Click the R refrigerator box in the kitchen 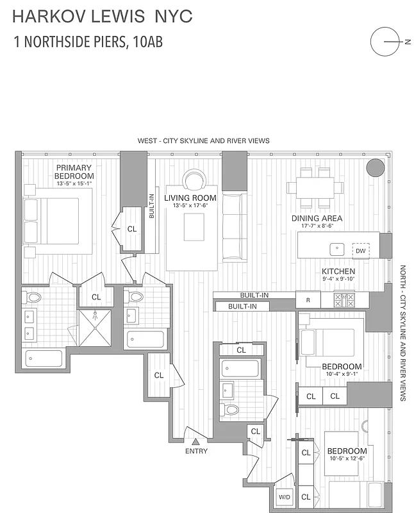coord(308,299)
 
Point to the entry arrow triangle coord(196,441)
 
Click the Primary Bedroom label coord(74,172)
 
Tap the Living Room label coord(190,198)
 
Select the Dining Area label coord(317,218)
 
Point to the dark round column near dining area coord(374,168)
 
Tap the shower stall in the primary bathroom coord(94,328)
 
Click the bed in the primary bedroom coord(57,220)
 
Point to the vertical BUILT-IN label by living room coord(152,207)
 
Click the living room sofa coord(235,226)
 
